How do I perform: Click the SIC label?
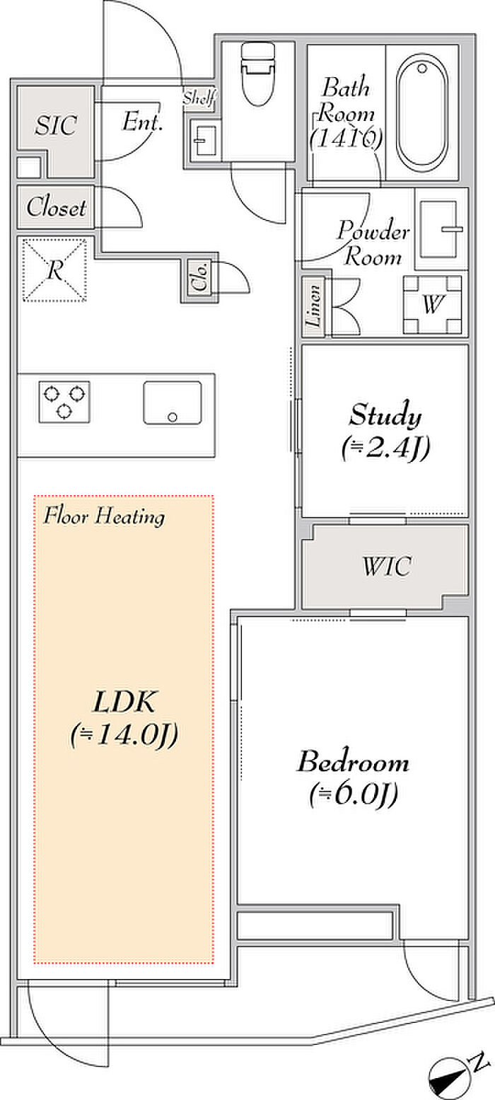(56, 125)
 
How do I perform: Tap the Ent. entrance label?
(142, 121)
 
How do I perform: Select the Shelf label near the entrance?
(199, 98)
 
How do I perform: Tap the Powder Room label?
(373, 243)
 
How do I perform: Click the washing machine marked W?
(433, 304)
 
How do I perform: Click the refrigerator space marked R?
(54, 270)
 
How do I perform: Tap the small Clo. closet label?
(200, 277)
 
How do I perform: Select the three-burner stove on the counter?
(64, 402)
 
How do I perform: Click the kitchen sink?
(173, 403)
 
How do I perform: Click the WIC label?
(387, 566)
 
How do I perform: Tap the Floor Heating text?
(104, 517)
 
